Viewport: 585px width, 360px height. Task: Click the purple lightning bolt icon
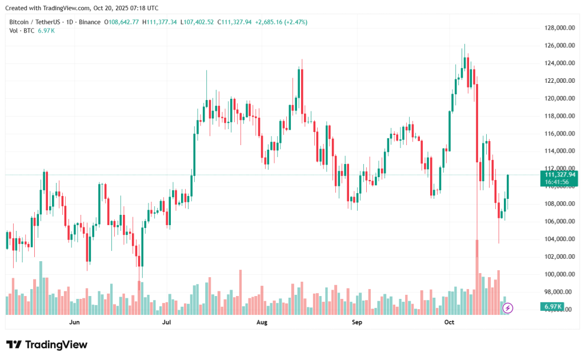click(x=508, y=308)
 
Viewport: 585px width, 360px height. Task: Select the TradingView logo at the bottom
click(x=47, y=345)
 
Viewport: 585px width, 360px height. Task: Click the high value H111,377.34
click(x=161, y=22)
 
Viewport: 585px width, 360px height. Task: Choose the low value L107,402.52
click(x=197, y=22)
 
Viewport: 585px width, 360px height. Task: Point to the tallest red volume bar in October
click(x=476, y=277)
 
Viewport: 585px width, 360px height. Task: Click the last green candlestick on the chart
click(x=508, y=187)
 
